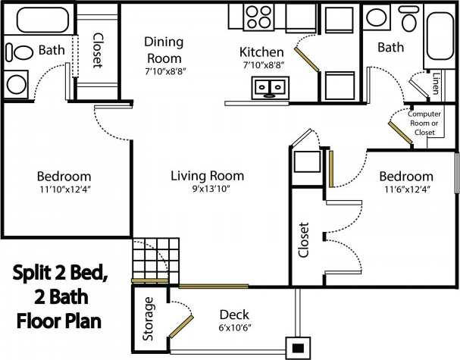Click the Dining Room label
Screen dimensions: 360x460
point(164,51)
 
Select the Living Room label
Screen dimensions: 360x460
point(200,175)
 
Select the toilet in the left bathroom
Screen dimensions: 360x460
point(17,52)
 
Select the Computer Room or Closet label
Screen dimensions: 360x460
point(424,123)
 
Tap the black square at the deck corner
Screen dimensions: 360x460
point(298,348)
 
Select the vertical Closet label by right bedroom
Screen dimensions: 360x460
point(305,239)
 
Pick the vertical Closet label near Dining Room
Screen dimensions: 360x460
point(98,49)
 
